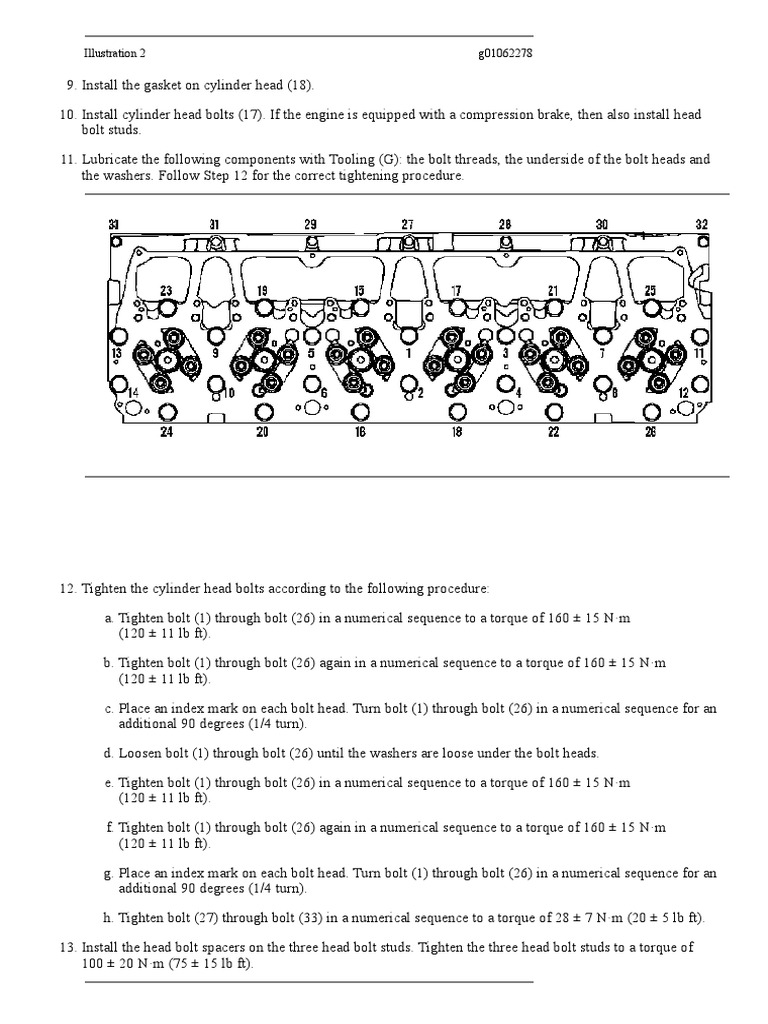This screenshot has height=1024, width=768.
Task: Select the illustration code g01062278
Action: (x=505, y=54)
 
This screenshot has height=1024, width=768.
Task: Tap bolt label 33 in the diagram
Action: (x=114, y=224)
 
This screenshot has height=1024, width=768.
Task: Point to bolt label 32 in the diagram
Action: (x=701, y=224)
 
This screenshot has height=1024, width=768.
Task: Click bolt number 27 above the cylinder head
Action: (x=408, y=224)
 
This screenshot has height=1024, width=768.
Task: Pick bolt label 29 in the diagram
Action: (x=310, y=224)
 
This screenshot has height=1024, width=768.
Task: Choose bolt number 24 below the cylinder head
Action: (x=166, y=433)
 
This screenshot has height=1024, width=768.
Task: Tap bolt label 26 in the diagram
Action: (x=650, y=433)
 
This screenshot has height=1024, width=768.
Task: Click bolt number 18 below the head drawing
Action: (x=456, y=433)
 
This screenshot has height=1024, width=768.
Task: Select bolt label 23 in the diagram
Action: (x=166, y=291)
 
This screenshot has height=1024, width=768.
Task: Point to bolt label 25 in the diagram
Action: (x=650, y=291)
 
